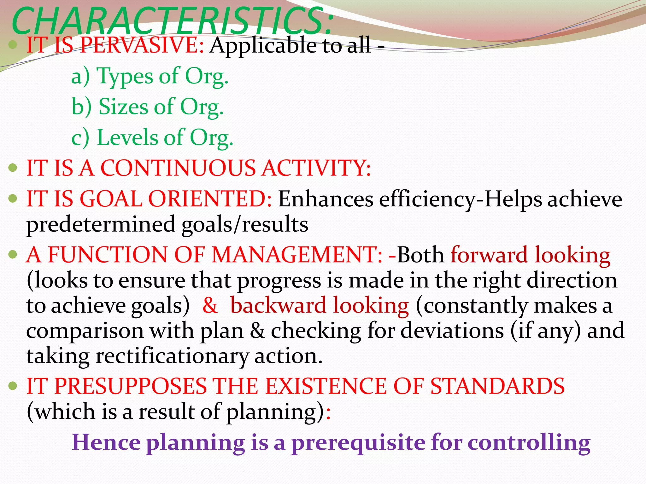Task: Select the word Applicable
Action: [x=263, y=46]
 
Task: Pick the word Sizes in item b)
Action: [x=123, y=107]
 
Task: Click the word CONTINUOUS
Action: [x=178, y=168]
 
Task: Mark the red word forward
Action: [x=489, y=255]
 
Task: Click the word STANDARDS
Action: [x=497, y=386]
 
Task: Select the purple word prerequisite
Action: [x=358, y=442]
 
